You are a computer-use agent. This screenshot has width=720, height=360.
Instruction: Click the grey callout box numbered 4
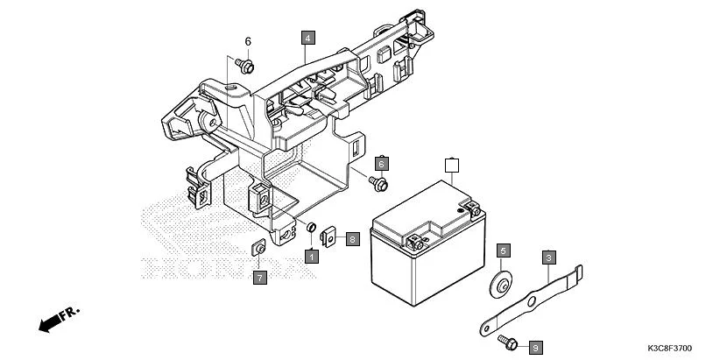[307, 38]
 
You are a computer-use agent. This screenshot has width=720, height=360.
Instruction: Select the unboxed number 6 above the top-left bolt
[247, 41]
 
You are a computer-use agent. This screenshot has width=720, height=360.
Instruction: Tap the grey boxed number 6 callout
[381, 164]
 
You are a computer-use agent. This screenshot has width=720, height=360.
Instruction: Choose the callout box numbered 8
[352, 238]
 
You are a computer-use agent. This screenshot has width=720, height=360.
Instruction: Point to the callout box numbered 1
[310, 256]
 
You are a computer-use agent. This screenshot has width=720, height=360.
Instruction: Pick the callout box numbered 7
[259, 278]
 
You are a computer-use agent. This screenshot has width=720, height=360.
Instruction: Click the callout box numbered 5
[504, 251]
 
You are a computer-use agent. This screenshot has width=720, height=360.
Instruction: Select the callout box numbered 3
[548, 258]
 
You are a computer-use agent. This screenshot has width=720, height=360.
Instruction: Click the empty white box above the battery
[452, 164]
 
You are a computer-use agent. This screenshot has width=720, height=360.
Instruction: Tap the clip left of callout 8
[330, 236]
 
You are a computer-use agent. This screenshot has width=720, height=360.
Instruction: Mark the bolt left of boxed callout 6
[378, 183]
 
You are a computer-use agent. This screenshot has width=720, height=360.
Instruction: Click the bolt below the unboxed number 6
[246, 66]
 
